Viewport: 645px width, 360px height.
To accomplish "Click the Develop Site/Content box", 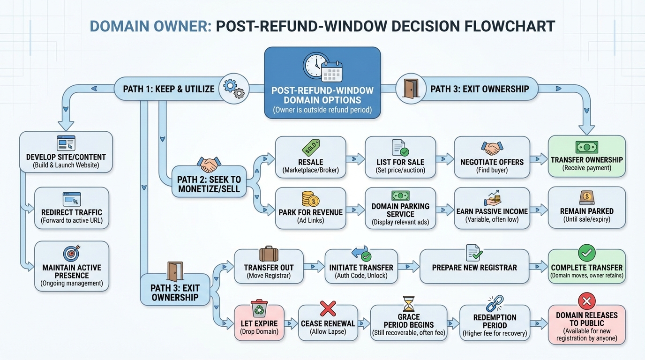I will click(x=66, y=152).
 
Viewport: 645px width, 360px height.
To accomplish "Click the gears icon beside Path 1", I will click(x=233, y=88).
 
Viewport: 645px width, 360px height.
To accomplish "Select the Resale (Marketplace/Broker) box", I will click(x=310, y=157).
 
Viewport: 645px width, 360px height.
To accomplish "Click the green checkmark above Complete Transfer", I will click(x=586, y=253).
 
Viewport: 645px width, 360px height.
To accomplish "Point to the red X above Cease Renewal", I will click(x=328, y=308).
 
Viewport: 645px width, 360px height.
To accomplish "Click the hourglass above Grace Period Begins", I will click(x=409, y=304).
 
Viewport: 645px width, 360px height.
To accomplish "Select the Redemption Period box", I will click(x=495, y=322).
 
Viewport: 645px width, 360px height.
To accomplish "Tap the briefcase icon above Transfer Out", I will click(x=269, y=254).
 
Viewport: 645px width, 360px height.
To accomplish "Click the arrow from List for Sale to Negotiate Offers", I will click(x=445, y=159).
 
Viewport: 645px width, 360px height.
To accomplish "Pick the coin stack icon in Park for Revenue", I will click(x=310, y=199).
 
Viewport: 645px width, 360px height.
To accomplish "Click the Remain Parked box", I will click(x=586, y=208).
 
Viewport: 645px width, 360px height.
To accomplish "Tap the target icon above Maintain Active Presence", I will click(x=72, y=252).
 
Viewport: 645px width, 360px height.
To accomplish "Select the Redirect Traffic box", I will click(x=72, y=208).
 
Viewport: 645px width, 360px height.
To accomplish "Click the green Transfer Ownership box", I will click(x=586, y=156).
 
